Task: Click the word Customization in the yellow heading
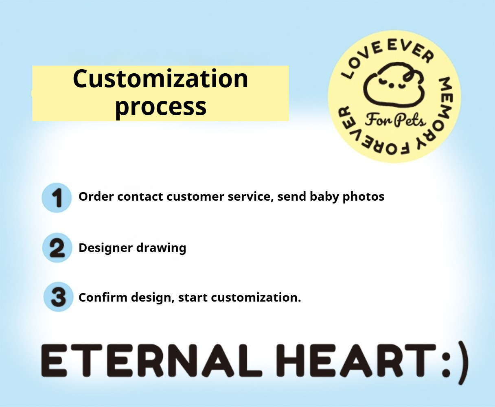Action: click(x=160, y=79)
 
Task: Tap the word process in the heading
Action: click(x=160, y=107)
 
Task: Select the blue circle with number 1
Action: click(x=57, y=198)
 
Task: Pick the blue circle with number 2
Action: click(x=57, y=247)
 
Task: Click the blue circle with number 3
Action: click(x=58, y=297)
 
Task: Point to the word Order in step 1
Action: click(x=96, y=197)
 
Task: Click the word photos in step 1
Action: click(x=364, y=197)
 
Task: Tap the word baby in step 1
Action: click(x=324, y=197)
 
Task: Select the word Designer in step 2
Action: click(x=105, y=248)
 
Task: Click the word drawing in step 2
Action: click(x=161, y=248)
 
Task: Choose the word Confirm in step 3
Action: click(x=103, y=298)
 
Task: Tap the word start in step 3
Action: click(x=193, y=298)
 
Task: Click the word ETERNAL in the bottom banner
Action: click(x=151, y=361)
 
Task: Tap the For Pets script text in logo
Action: click(x=395, y=120)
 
